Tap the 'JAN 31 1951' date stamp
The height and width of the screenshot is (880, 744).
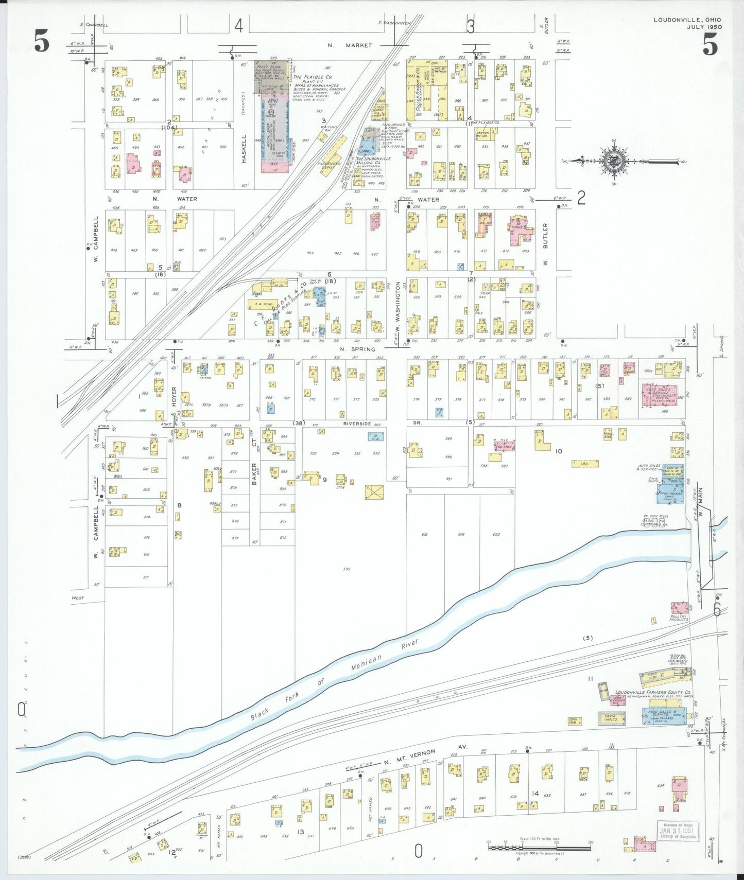click(678, 830)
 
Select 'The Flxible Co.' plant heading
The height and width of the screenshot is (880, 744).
click(313, 77)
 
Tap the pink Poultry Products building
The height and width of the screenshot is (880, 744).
click(679, 608)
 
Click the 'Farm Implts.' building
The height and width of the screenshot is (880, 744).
click(612, 718)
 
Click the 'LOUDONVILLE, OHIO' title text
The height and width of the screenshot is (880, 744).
click(687, 20)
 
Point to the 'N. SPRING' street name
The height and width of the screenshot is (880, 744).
click(357, 349)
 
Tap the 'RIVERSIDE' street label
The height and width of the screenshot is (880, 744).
click(357, 424)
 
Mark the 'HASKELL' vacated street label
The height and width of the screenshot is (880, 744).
click(245, 149)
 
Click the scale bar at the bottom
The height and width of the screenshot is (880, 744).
click(539, 847)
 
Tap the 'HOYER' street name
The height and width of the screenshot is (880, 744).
click(174, 397)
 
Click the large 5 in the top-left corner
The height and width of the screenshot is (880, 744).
click(42, 41)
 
